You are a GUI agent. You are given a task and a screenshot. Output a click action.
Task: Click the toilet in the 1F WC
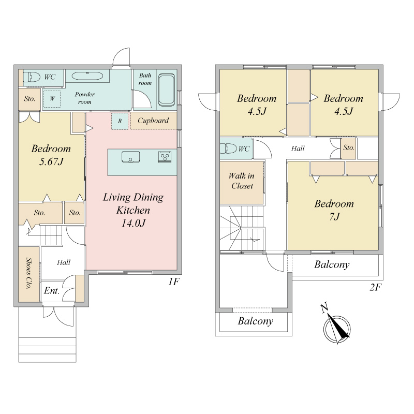[32, 77]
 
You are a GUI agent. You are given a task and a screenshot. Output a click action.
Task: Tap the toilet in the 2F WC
[228, 149]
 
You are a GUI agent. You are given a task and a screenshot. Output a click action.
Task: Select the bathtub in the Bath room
[167, 90]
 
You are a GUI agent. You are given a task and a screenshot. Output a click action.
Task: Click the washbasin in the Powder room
[87, 76]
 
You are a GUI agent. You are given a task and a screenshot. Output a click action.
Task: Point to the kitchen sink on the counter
[130, 157]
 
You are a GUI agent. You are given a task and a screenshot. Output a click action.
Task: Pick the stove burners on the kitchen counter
[165, 157]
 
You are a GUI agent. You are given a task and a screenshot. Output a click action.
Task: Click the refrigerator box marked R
[120, 121]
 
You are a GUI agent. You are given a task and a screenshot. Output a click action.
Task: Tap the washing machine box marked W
[52, 99]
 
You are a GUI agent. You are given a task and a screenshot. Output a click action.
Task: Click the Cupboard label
[153, 121]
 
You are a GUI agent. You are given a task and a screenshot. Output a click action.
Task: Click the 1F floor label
[174, 282]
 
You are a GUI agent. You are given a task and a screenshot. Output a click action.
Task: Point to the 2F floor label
[376, 287]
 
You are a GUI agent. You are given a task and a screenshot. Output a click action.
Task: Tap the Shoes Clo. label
[29, 274]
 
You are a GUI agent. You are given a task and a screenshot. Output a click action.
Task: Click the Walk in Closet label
[242, 181]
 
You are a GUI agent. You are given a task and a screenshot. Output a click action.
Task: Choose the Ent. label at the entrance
[51, 291]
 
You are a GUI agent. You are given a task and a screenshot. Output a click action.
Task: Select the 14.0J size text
[134, 224]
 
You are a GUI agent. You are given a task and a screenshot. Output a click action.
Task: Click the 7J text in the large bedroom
[334, 217]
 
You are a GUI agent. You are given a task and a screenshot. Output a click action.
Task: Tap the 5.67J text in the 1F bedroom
[51, 161]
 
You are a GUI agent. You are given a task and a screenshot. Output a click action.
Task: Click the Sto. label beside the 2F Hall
[348, 148]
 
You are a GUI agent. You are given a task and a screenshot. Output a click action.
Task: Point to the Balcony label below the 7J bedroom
[332, 264]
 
